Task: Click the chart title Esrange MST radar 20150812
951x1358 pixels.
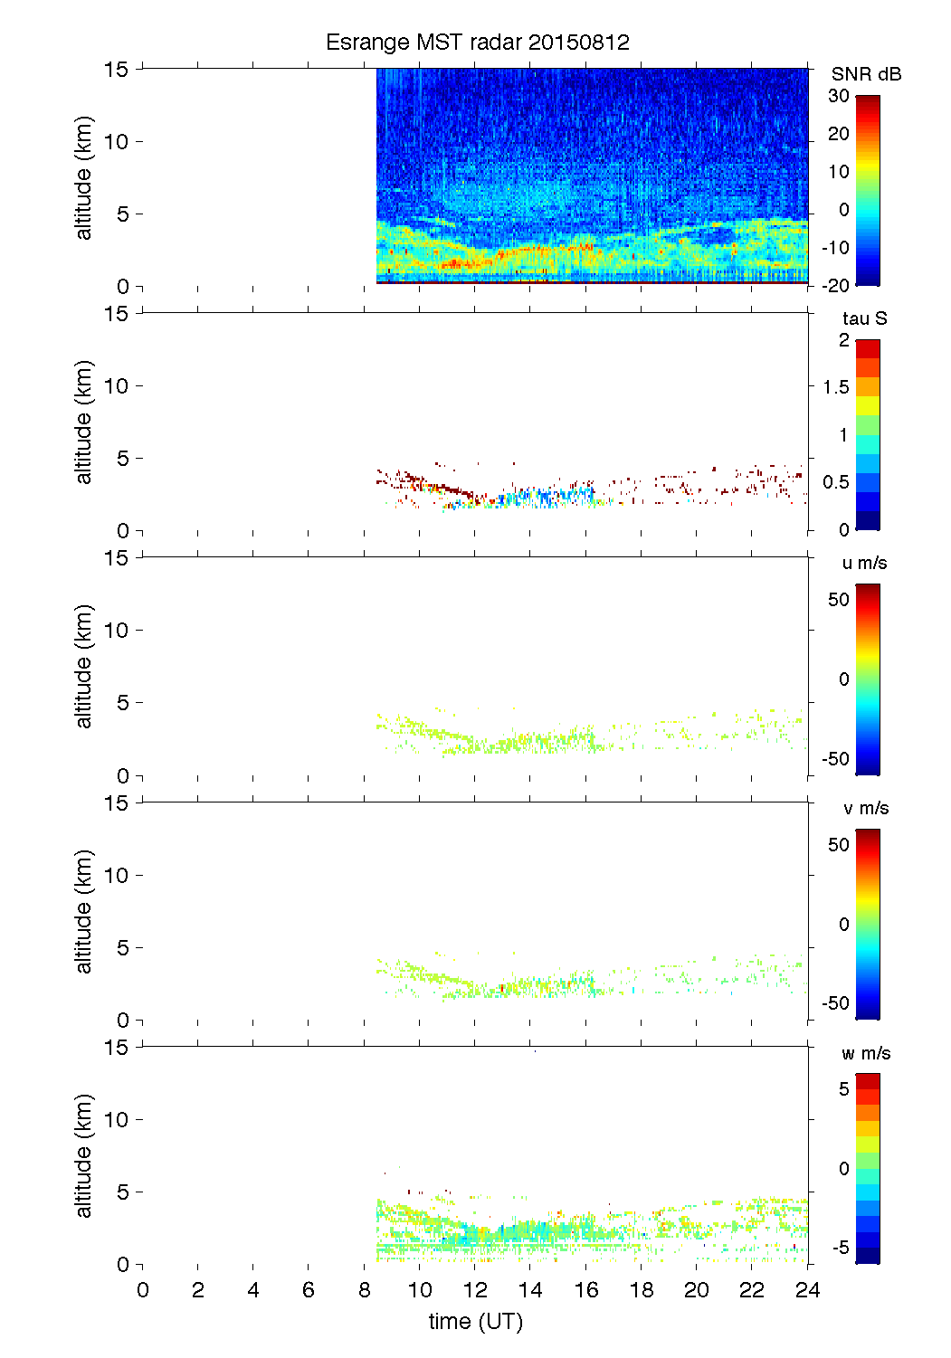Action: click(x=477, y=43)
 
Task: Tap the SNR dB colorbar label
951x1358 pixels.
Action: click(x=866, y=74)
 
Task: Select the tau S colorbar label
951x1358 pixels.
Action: click(x=864, y=318)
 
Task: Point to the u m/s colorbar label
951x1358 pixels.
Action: click(x=864, y=563)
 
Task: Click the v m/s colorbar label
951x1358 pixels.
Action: click(x=865, y=808)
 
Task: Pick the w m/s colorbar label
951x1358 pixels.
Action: click(x=865, y=1053)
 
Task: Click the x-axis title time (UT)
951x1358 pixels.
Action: click(x=475, y=1322)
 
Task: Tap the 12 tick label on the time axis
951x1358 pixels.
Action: click(x=475, y=1290)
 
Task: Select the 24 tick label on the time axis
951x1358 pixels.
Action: click(x=807, y=1290)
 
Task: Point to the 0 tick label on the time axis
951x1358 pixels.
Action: click(x=143, y=1290)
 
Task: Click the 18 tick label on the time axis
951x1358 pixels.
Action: click(x=642, y=1290)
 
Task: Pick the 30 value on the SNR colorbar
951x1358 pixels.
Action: click(x=839, y=96)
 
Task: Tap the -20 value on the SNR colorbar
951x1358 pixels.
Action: click(x=835, y=286)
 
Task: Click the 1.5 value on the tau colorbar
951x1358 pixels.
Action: click(x=836, y=387)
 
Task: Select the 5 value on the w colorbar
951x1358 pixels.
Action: click(x=843, y=1089)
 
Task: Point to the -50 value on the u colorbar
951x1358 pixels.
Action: click(x=835, y=759)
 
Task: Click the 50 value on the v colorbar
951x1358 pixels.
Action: click(x=839, y=845)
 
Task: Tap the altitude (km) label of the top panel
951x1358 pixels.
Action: click(x=84, y=177)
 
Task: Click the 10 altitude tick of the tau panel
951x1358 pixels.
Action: click(x=117, y=386)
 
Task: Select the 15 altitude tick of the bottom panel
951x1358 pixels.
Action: click(x=117, y=1048)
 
